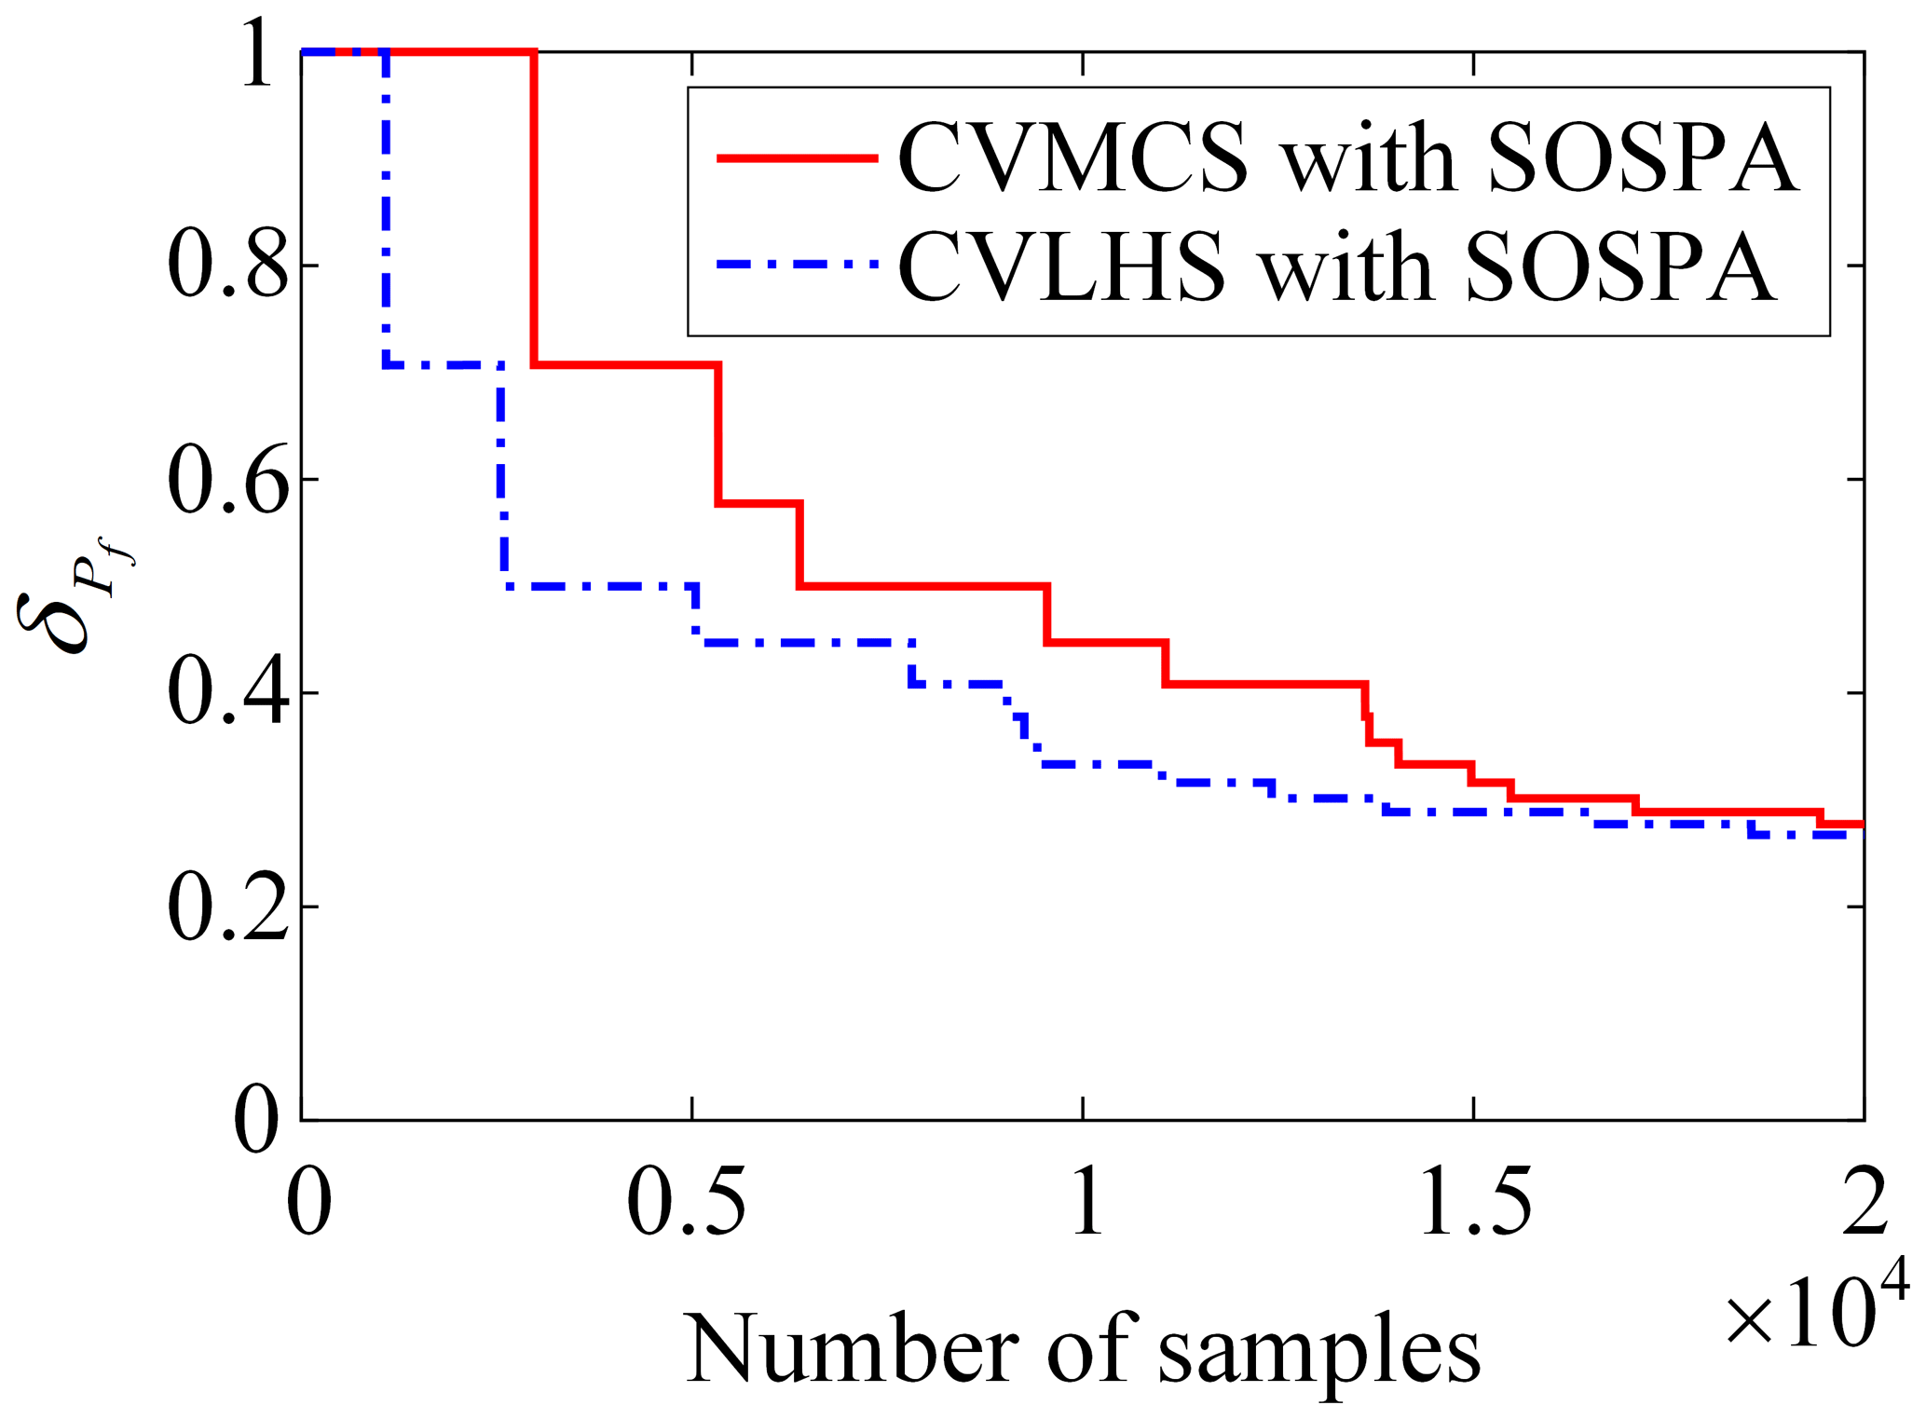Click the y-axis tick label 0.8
tap(227, 266)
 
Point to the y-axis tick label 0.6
tap(227, 481)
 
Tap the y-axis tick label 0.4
tap(227, 694)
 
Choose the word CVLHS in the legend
tap(1061, 267)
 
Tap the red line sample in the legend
tap(798, 157)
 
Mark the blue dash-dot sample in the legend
tap(798, 265)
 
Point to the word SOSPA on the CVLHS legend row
tap(1620, 267)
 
